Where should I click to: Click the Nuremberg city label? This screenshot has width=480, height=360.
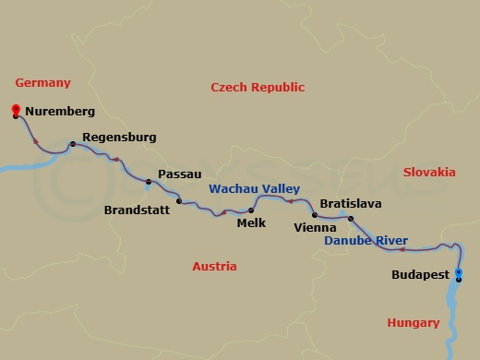[x=60, y=113]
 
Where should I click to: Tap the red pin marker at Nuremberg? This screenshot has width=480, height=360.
[x=16, y=112]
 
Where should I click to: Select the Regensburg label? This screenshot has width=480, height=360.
[x=119, y=138]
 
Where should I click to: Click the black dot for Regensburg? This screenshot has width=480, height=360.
[x=72, y=144]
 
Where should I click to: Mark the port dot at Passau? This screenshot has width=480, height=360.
[x=149, y=181]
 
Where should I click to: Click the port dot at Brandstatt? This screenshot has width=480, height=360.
[x=179, y=201]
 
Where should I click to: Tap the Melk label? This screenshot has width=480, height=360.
[x=251, y=222]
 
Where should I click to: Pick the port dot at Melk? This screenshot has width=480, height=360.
[x=251, y=210]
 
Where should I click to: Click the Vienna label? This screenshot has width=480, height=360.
[x=314, y=226]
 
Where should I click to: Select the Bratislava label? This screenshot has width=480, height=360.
[x=350, y=203]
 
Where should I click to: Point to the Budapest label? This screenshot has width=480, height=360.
[x=420, y=275]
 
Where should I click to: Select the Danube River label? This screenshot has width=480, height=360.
[x=366, y=241]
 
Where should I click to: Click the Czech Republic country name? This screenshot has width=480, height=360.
[x=258, y=87]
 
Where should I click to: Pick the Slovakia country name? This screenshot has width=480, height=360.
[x=429, y=172]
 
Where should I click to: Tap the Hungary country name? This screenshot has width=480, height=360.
[x=413, y=322]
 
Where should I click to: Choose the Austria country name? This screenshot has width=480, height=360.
[x=214, y=266]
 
